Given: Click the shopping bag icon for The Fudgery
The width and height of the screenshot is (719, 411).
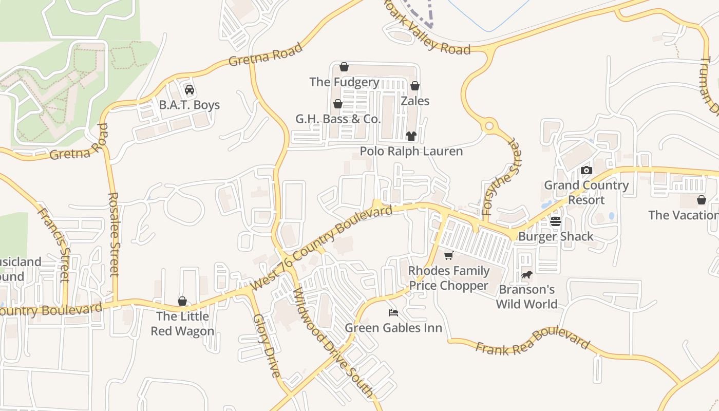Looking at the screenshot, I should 344,67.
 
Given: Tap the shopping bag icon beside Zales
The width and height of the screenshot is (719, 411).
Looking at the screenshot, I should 415,86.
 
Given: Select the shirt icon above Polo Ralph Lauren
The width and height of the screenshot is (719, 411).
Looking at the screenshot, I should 411,136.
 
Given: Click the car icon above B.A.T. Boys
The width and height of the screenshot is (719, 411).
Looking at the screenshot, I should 189,90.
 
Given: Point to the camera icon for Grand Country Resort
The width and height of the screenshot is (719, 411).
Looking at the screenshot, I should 586,170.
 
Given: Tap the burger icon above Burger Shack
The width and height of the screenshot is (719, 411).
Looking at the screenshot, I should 556,221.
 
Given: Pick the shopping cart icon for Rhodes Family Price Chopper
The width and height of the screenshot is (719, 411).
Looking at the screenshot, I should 448,256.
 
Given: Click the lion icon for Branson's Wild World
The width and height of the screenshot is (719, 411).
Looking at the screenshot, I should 526,275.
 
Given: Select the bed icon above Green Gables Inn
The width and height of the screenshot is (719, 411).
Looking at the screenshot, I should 393,312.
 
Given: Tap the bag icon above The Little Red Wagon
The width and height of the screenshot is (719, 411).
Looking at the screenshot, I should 182,301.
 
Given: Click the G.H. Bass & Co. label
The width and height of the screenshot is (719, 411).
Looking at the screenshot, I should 338,119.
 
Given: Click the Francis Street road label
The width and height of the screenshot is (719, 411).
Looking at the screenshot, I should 54,245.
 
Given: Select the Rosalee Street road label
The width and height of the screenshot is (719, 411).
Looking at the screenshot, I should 114,234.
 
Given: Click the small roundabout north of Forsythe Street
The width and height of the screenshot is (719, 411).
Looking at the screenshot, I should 489,125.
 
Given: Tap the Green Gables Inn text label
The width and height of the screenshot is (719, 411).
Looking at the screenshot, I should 393,328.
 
